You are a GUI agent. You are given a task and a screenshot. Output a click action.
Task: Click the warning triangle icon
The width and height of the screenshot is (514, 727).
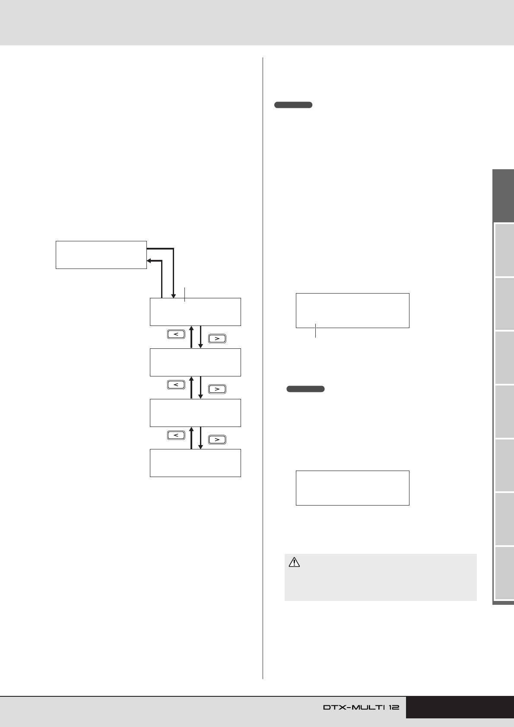pyautogui.click(x=294, y=562)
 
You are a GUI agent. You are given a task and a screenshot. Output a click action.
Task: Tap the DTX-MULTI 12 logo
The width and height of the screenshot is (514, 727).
pyautogui.click(x=361, y=707)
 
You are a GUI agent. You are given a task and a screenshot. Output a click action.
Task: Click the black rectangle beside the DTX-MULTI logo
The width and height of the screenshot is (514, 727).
pyautogui.click(x=460, y=707)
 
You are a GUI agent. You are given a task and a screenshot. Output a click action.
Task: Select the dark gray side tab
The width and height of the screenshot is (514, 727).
pyautogui.click(x=503, y=196)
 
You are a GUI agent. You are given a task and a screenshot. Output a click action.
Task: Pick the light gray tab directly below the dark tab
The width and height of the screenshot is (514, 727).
pyautogui.click(x=504, y=250)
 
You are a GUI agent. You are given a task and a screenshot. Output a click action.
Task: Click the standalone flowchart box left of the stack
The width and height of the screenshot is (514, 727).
pyautogui.click(x=101, y=255)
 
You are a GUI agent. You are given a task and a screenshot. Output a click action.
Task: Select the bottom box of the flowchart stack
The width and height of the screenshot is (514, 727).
pyautogui.click(x=195, y=463)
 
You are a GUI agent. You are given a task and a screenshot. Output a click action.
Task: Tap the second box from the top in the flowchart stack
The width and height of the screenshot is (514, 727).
pyautogui.click(x=195, y=362)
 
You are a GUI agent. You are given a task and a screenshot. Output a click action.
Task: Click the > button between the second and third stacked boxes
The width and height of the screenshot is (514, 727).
pyautogui.click(x=217, y=389)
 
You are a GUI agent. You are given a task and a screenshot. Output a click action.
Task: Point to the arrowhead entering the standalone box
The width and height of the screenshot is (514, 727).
pyautogui.click(x=149, y=261)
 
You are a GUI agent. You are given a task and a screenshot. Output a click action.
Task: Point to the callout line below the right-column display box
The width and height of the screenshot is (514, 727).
pyautogui.click(x=316, y=331)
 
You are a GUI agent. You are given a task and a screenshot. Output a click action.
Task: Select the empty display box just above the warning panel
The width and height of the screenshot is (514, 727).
pyautogui.click(x=352, y=488)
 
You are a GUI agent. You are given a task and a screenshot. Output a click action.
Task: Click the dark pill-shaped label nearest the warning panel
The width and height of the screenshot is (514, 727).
pyautogui.click(x=305, y=389)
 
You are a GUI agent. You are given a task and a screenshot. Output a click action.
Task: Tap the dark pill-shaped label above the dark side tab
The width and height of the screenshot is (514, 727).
pyautogui.click(x=293, y=105)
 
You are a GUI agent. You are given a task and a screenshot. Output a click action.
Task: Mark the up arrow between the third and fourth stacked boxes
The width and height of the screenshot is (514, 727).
pyautogui.click(x=191, y=438)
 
